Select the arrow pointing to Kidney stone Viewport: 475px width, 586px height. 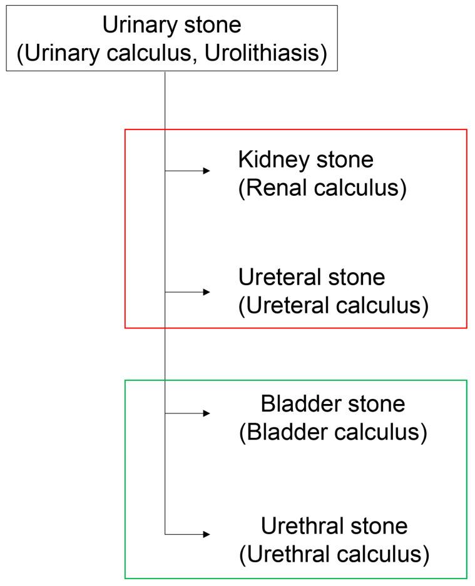(x=188, y=170)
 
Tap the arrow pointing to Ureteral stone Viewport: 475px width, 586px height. (x=188, y=292)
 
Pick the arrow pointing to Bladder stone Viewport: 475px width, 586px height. (x=188, y=413)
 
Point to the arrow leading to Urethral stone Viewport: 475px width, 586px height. (x=188, y=535)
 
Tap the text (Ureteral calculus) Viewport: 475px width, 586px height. (x=333, y=306)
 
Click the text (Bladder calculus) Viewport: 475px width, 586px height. (x=333, y=432)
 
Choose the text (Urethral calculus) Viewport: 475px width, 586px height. (x=334, y=554)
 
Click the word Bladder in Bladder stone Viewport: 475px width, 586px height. (x=298, y=404)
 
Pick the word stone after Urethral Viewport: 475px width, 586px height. (x=378, y=525)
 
